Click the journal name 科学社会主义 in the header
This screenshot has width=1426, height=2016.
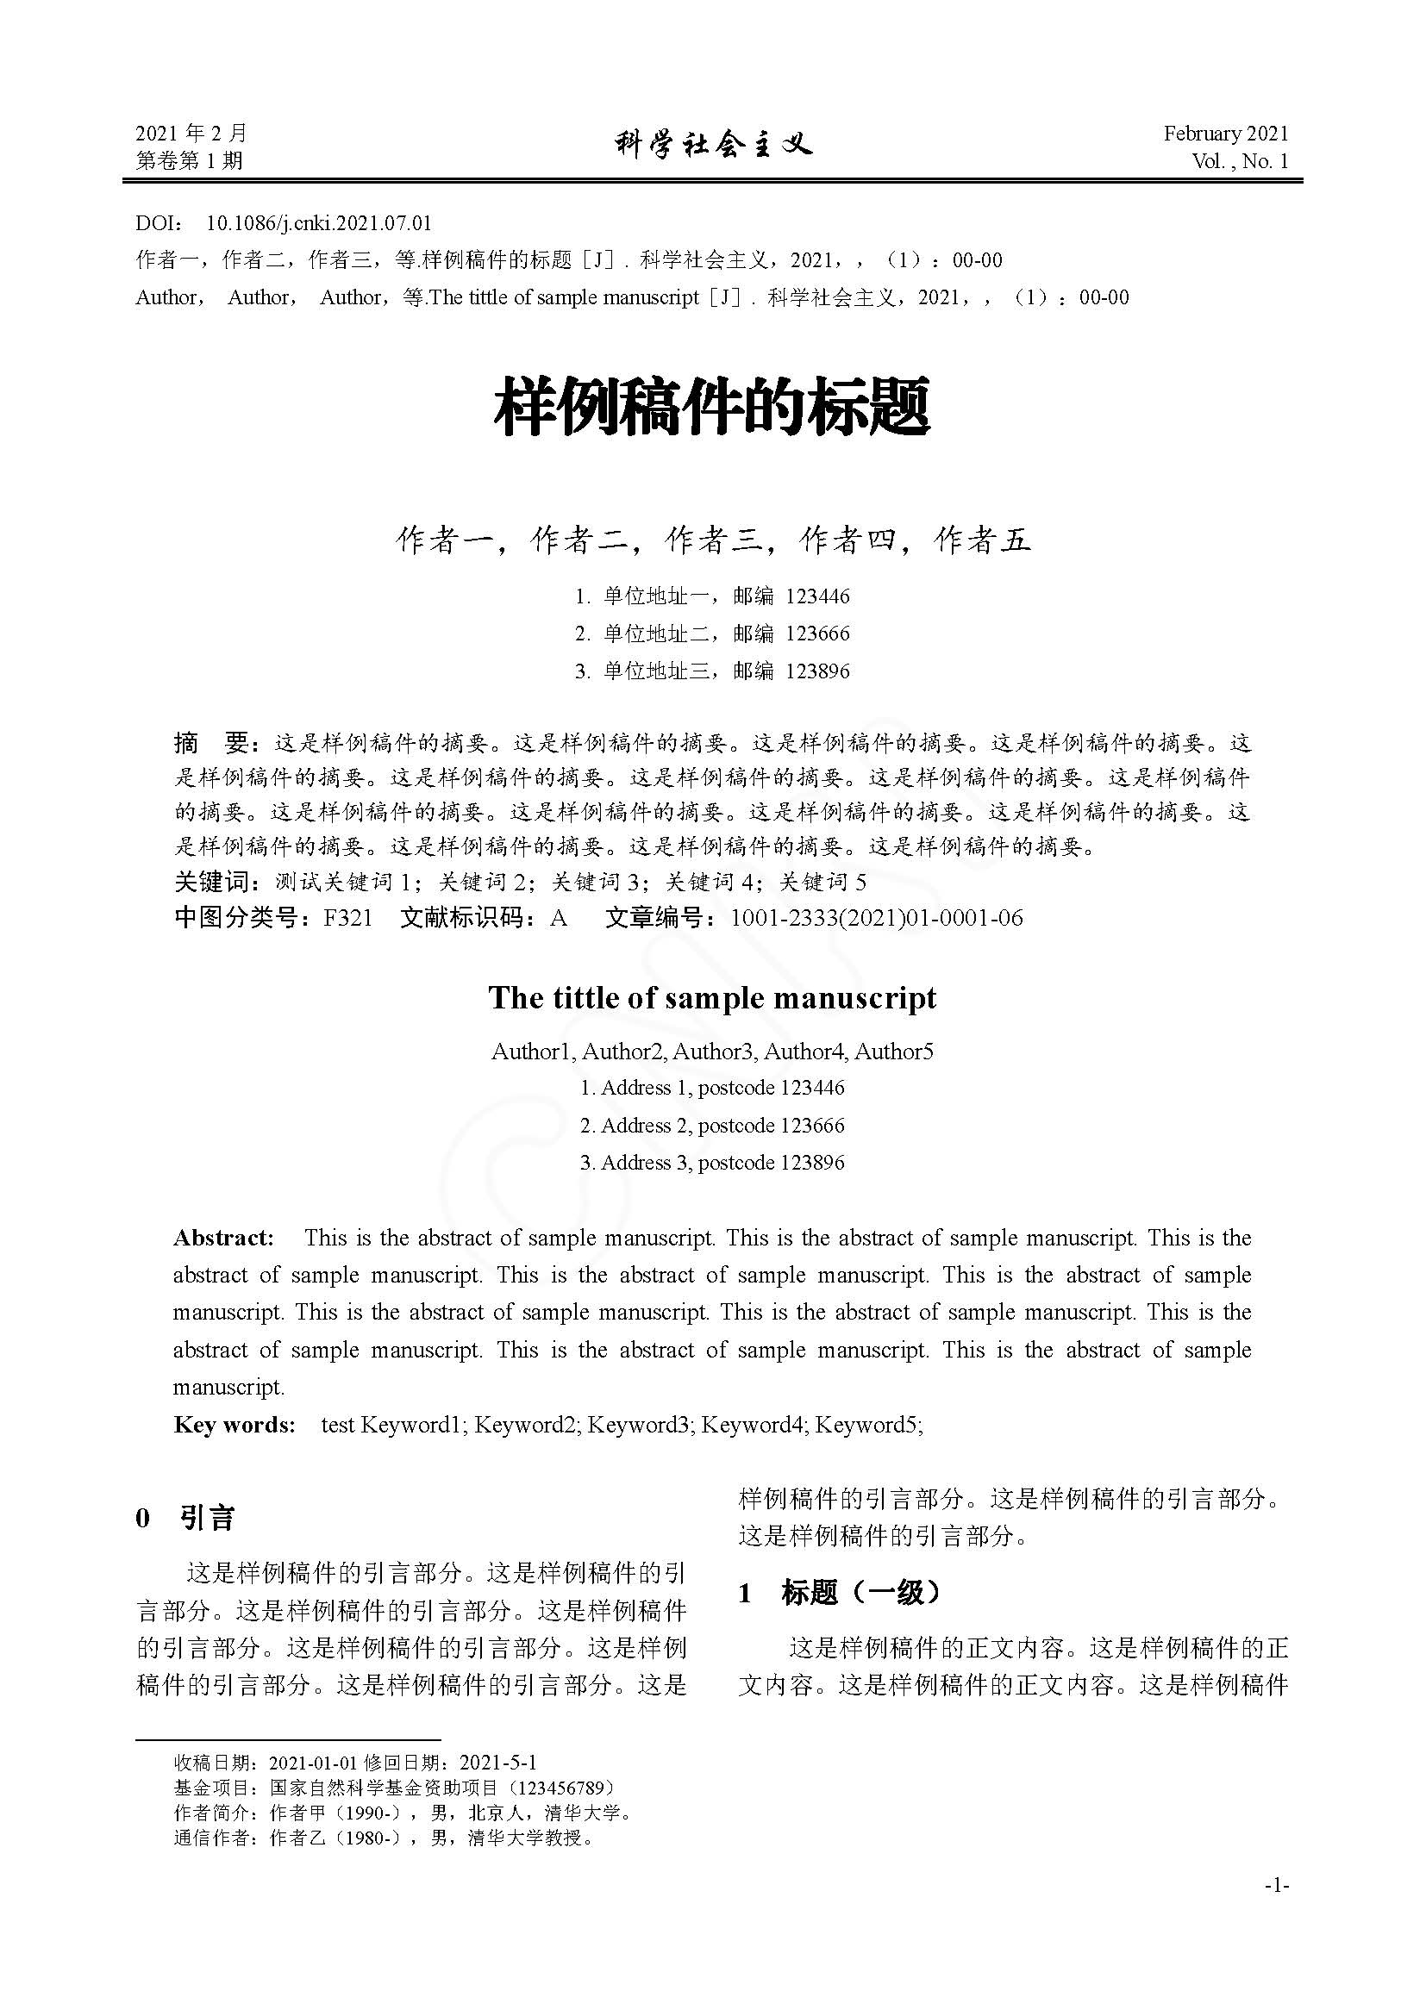[713, 144]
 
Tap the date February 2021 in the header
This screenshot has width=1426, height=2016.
[1226, 134]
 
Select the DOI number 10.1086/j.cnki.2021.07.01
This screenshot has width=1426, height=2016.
[319, 223]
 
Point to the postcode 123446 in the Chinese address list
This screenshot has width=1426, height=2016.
[817, 596]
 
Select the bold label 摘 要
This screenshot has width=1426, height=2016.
[213, 743]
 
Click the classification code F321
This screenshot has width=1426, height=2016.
[347, 918]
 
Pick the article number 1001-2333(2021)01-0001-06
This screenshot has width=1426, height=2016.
[876, 918]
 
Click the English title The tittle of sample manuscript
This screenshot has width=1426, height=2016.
[712, 997]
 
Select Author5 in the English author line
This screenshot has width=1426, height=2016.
[894, 1051]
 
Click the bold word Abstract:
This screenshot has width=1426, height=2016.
[224, 1237]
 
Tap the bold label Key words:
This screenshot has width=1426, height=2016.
[235, 1424]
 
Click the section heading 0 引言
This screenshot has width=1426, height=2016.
[185, 1518]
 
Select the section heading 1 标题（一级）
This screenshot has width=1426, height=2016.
[840, 1593]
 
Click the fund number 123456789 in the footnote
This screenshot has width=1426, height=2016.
[560, 1788]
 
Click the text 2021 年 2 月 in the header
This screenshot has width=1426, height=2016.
[191, 134]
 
